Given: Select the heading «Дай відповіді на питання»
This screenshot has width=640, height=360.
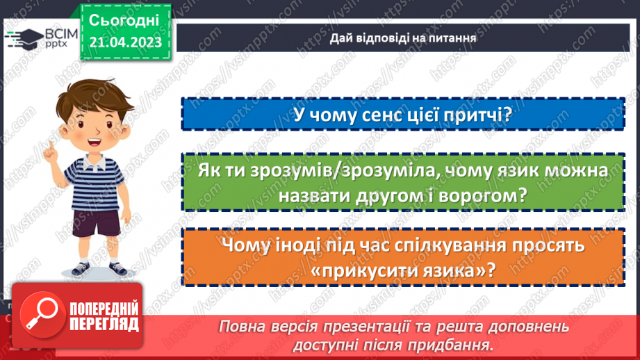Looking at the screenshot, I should point(402,38).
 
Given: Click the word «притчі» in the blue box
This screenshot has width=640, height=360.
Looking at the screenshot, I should point(478,114).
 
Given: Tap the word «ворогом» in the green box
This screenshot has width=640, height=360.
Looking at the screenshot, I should point(479,197).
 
